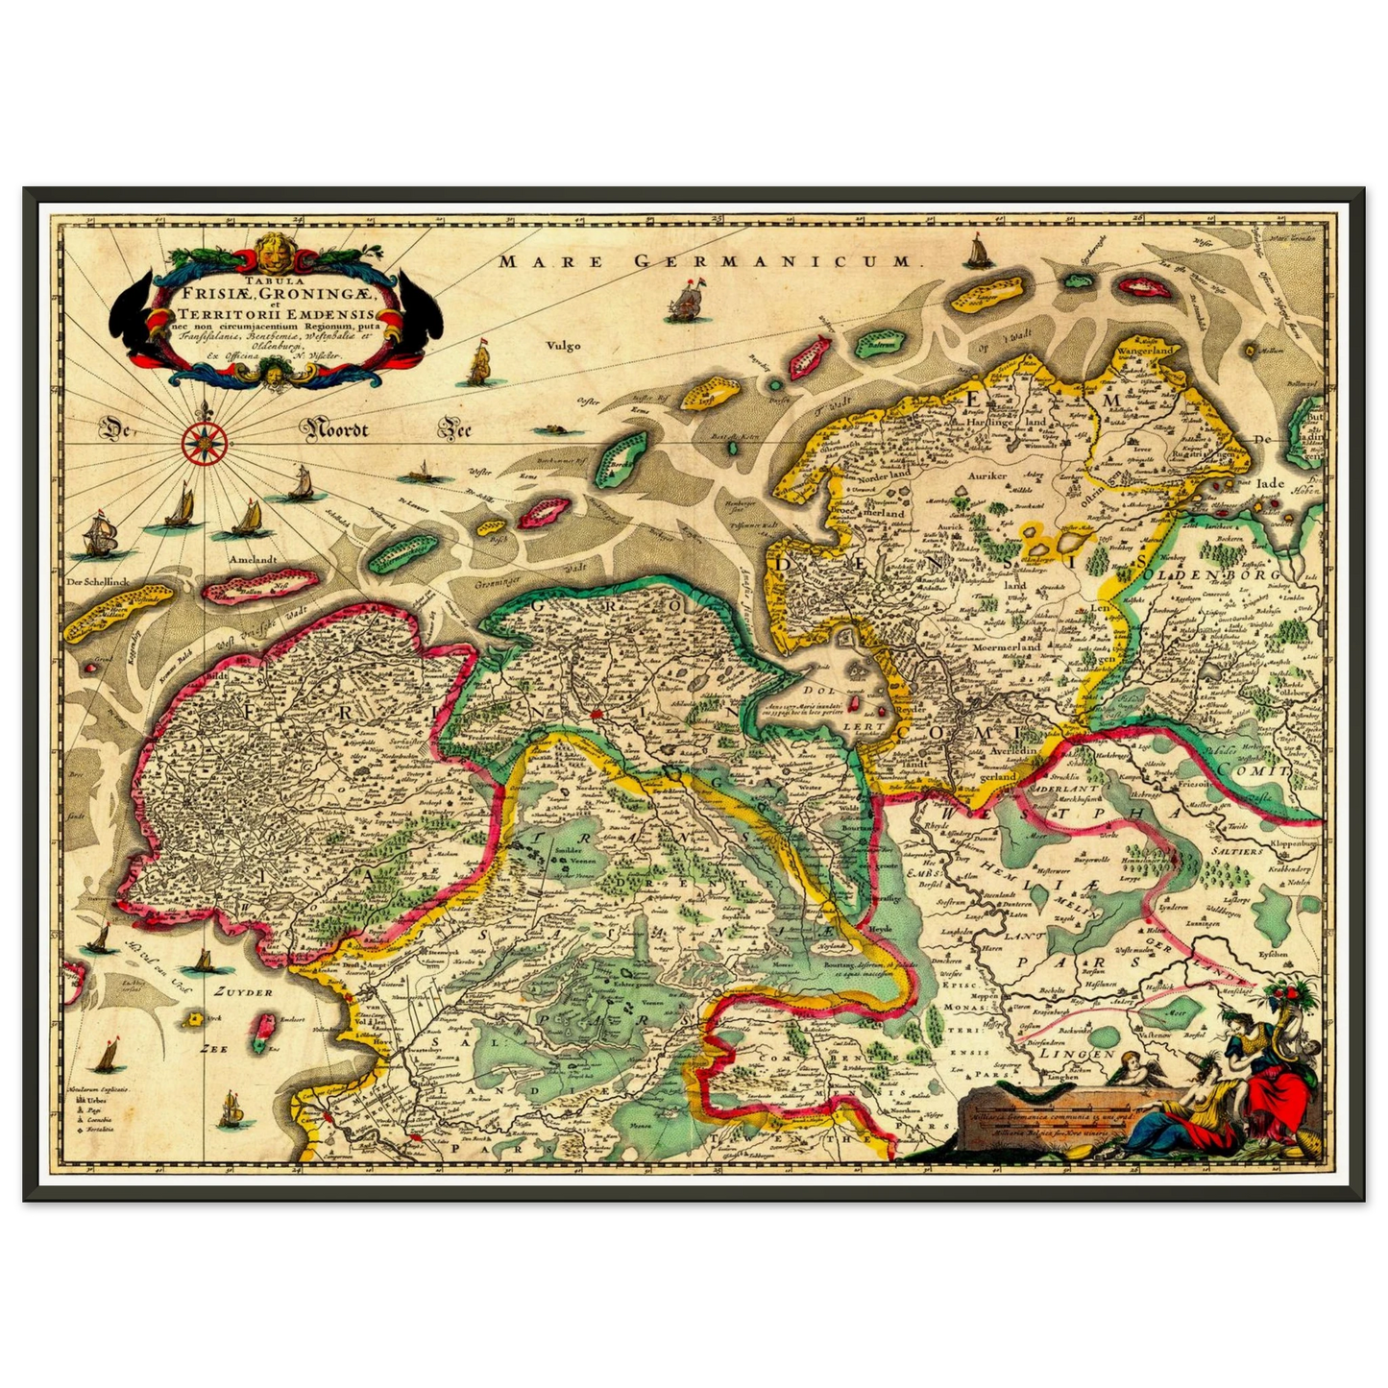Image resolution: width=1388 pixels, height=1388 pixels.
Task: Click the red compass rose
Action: pos(204,442)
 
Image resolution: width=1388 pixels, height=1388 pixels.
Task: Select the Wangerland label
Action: pos(1143,352)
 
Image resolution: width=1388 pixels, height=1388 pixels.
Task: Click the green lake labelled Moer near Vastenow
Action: pos(1174,1013)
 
